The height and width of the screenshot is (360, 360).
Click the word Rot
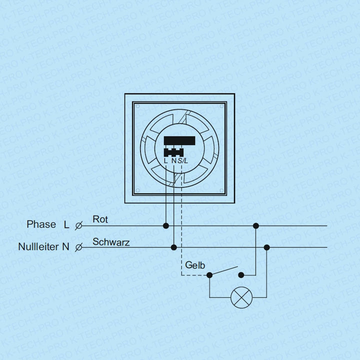pos(100,219)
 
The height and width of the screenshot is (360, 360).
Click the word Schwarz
pos(111,242)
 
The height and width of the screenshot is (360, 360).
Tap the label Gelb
pos(195,265)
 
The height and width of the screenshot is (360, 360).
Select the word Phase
pos(41,224)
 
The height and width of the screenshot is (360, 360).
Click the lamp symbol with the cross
pos(241,297)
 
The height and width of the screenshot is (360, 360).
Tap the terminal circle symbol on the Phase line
pos(78,226)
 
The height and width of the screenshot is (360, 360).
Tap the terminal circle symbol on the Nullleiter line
pos(78,247)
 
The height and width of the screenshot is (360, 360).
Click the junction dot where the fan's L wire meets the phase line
pos(166,226)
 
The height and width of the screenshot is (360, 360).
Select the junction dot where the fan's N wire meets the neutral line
pos(174,247)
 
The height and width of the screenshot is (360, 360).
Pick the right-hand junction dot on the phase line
pos(256,226)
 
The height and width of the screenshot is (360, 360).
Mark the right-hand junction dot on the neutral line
pos(266,247)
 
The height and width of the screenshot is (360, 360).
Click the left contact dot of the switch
pos(209,275)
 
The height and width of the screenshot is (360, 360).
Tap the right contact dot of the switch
pos(241,275)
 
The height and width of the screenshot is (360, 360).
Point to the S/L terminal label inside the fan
pos(183,160)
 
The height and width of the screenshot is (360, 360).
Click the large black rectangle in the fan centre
pos(179,140)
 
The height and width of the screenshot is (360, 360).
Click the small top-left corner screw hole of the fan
pos(138,106)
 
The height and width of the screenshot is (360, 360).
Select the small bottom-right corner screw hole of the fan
pos(221,190)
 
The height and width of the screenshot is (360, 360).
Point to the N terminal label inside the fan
pos(174,160)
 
